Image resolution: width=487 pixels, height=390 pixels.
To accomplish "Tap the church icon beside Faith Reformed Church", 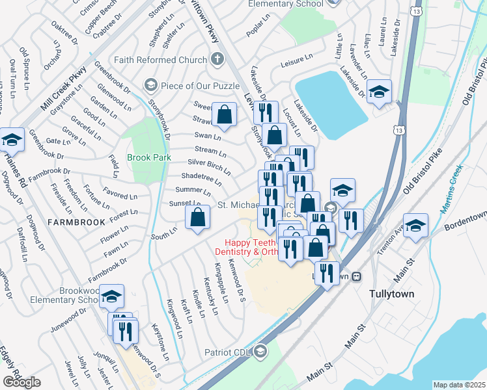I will coord(217,60).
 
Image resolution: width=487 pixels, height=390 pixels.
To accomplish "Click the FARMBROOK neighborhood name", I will coord(76,222).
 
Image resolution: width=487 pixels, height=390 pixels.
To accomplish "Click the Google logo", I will coord(21,383).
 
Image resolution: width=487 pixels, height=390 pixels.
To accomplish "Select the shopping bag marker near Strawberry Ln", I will coord(224,115).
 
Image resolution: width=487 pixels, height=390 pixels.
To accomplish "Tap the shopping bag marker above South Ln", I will coord(197,219).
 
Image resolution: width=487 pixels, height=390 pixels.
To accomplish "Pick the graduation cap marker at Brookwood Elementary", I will coord(111,297).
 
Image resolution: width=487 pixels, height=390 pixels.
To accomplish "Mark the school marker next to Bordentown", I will coord(415,227).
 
